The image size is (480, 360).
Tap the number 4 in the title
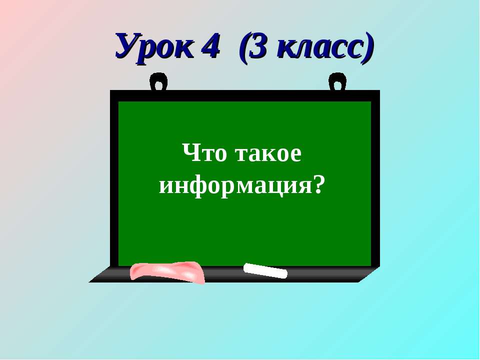click(210, 46)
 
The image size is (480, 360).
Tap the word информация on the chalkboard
click(234, 186)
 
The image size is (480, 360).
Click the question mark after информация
click(314, 185)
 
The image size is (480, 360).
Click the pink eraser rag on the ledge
click(167, 271)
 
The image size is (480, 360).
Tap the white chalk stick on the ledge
click(265, 270)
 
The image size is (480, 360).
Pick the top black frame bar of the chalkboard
click(245, 95)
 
